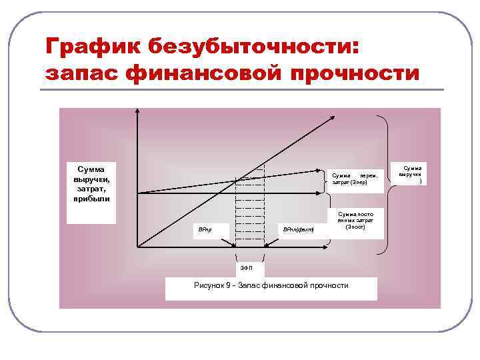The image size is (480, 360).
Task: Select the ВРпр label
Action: (204, 229)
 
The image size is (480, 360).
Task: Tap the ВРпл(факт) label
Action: (297, 229)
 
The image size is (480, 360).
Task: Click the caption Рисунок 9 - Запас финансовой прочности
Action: (271, 285)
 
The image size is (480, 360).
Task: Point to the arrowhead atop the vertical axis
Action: (137, 111)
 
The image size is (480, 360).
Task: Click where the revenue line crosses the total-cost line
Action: (237, 180)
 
